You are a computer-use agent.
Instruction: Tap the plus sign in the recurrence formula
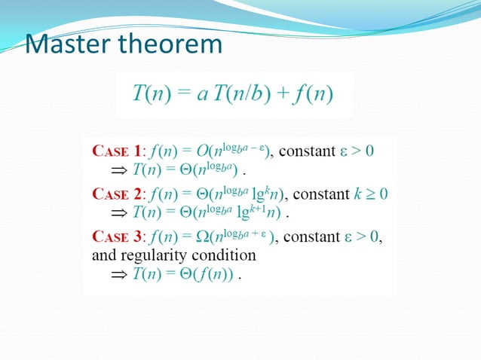tap(274, 95)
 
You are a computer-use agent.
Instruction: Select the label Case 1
tap(115, 151)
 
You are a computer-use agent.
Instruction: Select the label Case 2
tap(115, 194)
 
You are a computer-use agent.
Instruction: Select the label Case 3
tap(115, 238)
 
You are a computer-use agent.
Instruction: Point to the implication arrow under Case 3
tap(119, 275)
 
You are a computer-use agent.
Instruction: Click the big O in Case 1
tap(204, 151)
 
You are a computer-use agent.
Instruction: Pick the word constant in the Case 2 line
tap(320, 194)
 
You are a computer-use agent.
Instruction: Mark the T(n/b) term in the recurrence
tap(234, 95)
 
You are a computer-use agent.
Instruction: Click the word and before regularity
tap(103, 256)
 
